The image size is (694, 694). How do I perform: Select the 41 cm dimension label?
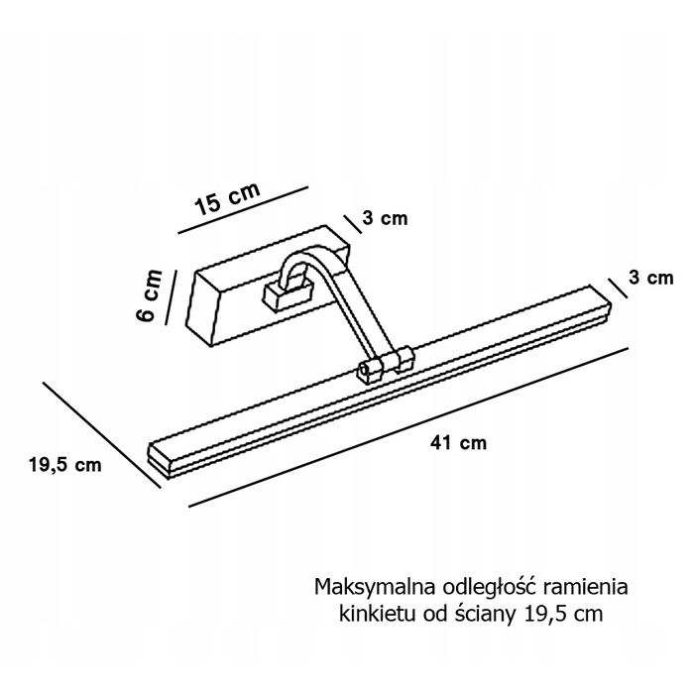458,442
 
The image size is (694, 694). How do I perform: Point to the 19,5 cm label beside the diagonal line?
65,465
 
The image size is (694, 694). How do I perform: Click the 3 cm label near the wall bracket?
385,218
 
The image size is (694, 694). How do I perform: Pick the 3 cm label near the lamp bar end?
651,278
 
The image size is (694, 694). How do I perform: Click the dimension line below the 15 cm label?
243,209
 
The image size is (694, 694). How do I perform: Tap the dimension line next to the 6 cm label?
171,297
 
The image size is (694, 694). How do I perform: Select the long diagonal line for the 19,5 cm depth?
101,435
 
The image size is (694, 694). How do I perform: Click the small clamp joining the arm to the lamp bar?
386,363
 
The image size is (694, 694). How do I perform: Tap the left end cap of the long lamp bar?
158,460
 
